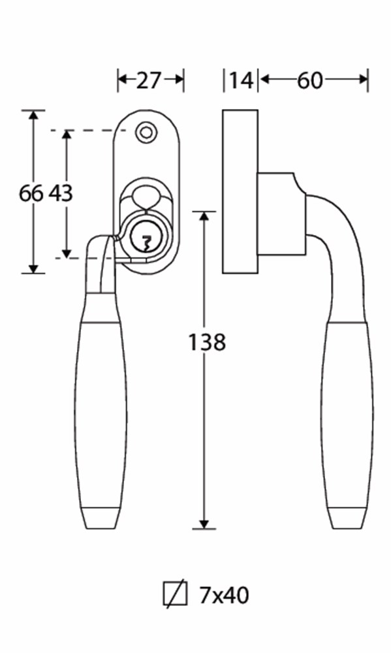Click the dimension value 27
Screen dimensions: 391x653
[x=148, y=80]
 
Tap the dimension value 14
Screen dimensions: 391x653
[x=242, y=80]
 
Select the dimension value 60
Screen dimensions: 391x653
[x=310, y=80]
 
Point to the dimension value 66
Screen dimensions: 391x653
[x=31, y=193]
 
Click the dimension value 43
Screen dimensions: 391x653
[x=61, y=193]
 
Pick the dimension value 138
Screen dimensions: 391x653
[x=207, y=342]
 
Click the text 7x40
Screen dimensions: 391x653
[x=225, y=595]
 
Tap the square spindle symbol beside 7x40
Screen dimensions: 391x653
[x=175, y=594]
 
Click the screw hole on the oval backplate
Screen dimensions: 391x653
[x=146, y=133]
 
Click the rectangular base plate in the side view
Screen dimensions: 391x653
[x=240, y=191]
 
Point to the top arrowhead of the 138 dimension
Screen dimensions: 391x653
[x=204, y=217]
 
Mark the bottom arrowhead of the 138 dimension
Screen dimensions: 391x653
[x=204, y=524]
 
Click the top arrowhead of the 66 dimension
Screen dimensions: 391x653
[x=33, y=116]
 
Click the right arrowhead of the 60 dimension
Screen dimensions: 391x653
[x=363, y=79]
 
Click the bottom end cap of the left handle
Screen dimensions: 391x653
[x=99, y=518]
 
